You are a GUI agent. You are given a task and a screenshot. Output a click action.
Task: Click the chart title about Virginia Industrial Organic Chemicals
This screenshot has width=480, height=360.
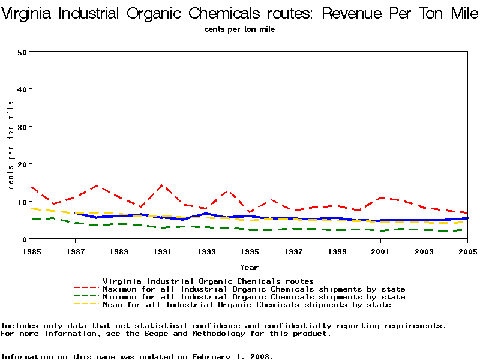(x=240, y=13)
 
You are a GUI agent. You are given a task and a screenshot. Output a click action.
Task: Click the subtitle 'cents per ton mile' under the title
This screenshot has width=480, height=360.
(x=239, y=29)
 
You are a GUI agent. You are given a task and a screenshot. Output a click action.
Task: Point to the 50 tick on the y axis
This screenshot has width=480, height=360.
(x=23, y=52)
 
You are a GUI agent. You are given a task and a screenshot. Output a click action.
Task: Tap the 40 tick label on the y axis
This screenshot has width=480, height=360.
(x=23, y=89)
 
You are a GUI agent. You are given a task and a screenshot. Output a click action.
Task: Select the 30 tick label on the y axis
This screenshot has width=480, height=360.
(x=23, y=127)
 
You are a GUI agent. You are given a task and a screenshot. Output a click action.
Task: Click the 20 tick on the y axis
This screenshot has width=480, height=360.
(x=23, y=164)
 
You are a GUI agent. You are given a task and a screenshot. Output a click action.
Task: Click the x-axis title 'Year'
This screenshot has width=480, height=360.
(x=250, y=267)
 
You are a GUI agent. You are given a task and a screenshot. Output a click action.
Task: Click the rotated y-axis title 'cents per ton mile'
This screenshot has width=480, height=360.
(x=11, y=145)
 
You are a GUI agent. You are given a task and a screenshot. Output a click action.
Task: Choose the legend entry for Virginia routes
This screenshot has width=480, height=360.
(x=208, y=281)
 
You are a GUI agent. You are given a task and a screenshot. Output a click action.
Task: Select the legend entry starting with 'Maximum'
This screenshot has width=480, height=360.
(x=254, y=289)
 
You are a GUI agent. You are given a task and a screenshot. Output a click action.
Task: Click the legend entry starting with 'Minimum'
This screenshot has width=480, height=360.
(x=254, y=297)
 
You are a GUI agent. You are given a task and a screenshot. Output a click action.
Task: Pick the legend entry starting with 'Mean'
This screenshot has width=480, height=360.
(x=247, y=305)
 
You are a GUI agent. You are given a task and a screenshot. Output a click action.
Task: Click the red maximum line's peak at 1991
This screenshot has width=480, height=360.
(x=162, y=185)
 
